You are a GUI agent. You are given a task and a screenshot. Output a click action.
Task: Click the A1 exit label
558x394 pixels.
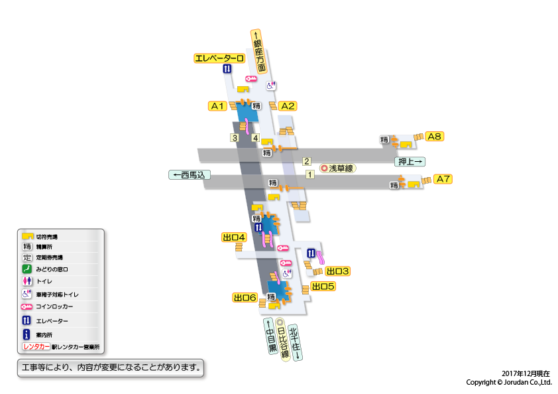point(218,106)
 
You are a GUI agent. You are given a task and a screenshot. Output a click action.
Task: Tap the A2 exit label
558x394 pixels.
point(287,106)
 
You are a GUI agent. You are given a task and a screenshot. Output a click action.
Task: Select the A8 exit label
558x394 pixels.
point(434,137)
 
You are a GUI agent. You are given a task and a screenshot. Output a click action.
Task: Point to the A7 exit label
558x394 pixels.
point(443,179)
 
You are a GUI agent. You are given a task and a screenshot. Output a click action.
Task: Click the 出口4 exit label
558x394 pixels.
point(234,237)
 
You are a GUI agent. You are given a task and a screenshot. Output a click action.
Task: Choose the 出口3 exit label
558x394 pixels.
point(337,271)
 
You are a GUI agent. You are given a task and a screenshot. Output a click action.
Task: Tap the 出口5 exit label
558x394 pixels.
point(323,287)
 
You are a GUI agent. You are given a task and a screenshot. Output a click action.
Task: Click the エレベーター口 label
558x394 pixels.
point(219,58)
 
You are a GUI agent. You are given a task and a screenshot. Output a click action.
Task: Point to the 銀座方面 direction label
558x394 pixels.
point(258,52)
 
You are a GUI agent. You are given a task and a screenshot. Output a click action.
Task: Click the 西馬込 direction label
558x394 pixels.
point(190,175)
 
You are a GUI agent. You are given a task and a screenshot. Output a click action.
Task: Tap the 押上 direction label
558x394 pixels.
point(410,161)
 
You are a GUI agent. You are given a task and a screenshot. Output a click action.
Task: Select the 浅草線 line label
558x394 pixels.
point(337,168)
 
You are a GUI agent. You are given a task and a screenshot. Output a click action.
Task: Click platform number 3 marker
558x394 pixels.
point(235,138)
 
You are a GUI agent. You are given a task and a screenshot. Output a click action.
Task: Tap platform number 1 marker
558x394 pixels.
point(309,174)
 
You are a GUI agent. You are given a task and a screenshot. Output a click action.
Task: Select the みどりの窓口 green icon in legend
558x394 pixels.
point(28,269)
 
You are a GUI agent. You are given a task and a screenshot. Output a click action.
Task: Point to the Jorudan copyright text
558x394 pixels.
point(508,383)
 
